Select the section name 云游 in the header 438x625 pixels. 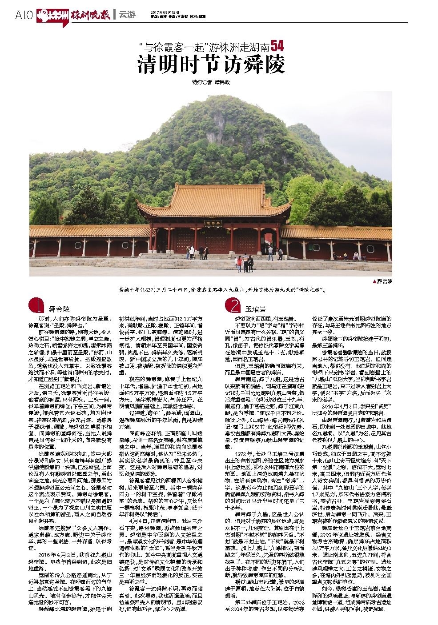pyautogui.click(x=127, y=15)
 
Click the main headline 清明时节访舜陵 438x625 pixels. pyautogui.click(x=211, y=65)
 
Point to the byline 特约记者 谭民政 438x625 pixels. pyautogui.click(x=211, y=83)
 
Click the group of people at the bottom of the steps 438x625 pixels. pyautogui.click(x=245, y=265)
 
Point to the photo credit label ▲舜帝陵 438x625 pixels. pyautogui.click(x=384, y=281)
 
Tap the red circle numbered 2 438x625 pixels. pyautogui.click(x=233, y=306)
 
